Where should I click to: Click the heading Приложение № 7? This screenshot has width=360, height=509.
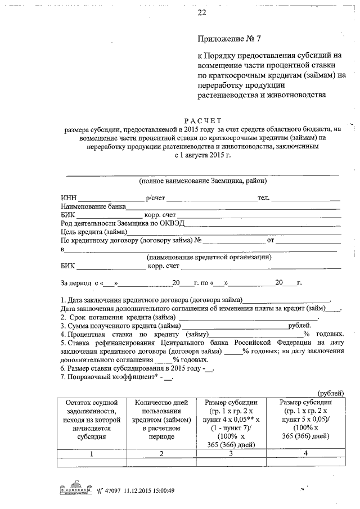(230, 39)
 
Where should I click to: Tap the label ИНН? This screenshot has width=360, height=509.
(67, 198)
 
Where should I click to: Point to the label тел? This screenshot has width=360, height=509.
(263, 198)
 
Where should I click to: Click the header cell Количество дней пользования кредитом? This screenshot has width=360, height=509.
(160, 419)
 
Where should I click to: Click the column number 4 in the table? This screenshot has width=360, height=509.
(307, 453)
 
